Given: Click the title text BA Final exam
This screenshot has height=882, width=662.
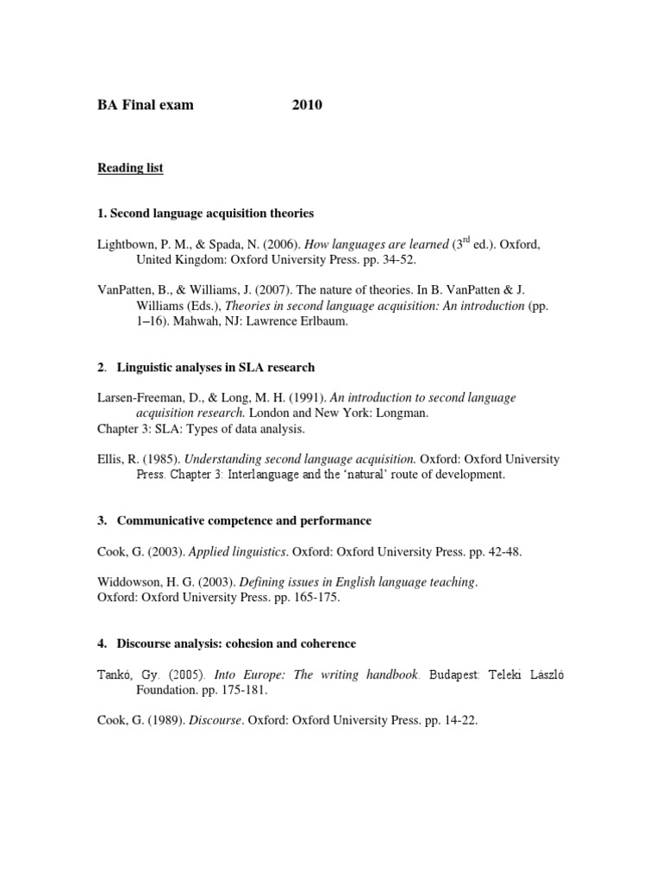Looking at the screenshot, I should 145,106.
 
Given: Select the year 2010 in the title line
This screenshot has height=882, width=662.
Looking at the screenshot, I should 306,106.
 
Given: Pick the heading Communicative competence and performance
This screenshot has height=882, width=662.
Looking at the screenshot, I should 245,521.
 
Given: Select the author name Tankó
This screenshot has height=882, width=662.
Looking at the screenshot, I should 115,674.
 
